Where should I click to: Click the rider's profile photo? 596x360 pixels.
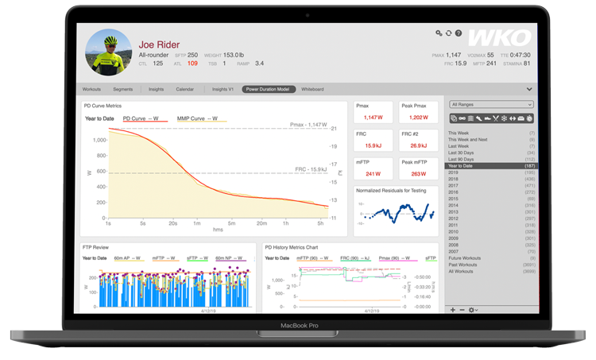pos(108,52)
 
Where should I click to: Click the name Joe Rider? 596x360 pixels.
pos(159,45)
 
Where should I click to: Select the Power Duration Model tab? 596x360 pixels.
pos(267,90)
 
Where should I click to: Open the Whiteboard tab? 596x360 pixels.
pos(312,90)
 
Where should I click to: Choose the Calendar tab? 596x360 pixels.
pos(184,90)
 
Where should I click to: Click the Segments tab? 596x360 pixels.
pos(122,90)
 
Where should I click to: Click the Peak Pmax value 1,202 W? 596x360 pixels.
pos(418,118)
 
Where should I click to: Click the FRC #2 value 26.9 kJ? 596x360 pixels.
pos(418,145)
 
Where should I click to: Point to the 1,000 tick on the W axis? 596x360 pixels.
pos(100,140)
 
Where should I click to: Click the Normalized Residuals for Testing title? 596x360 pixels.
pos(391,191)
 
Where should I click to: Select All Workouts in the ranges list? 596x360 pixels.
pos(462,272)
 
